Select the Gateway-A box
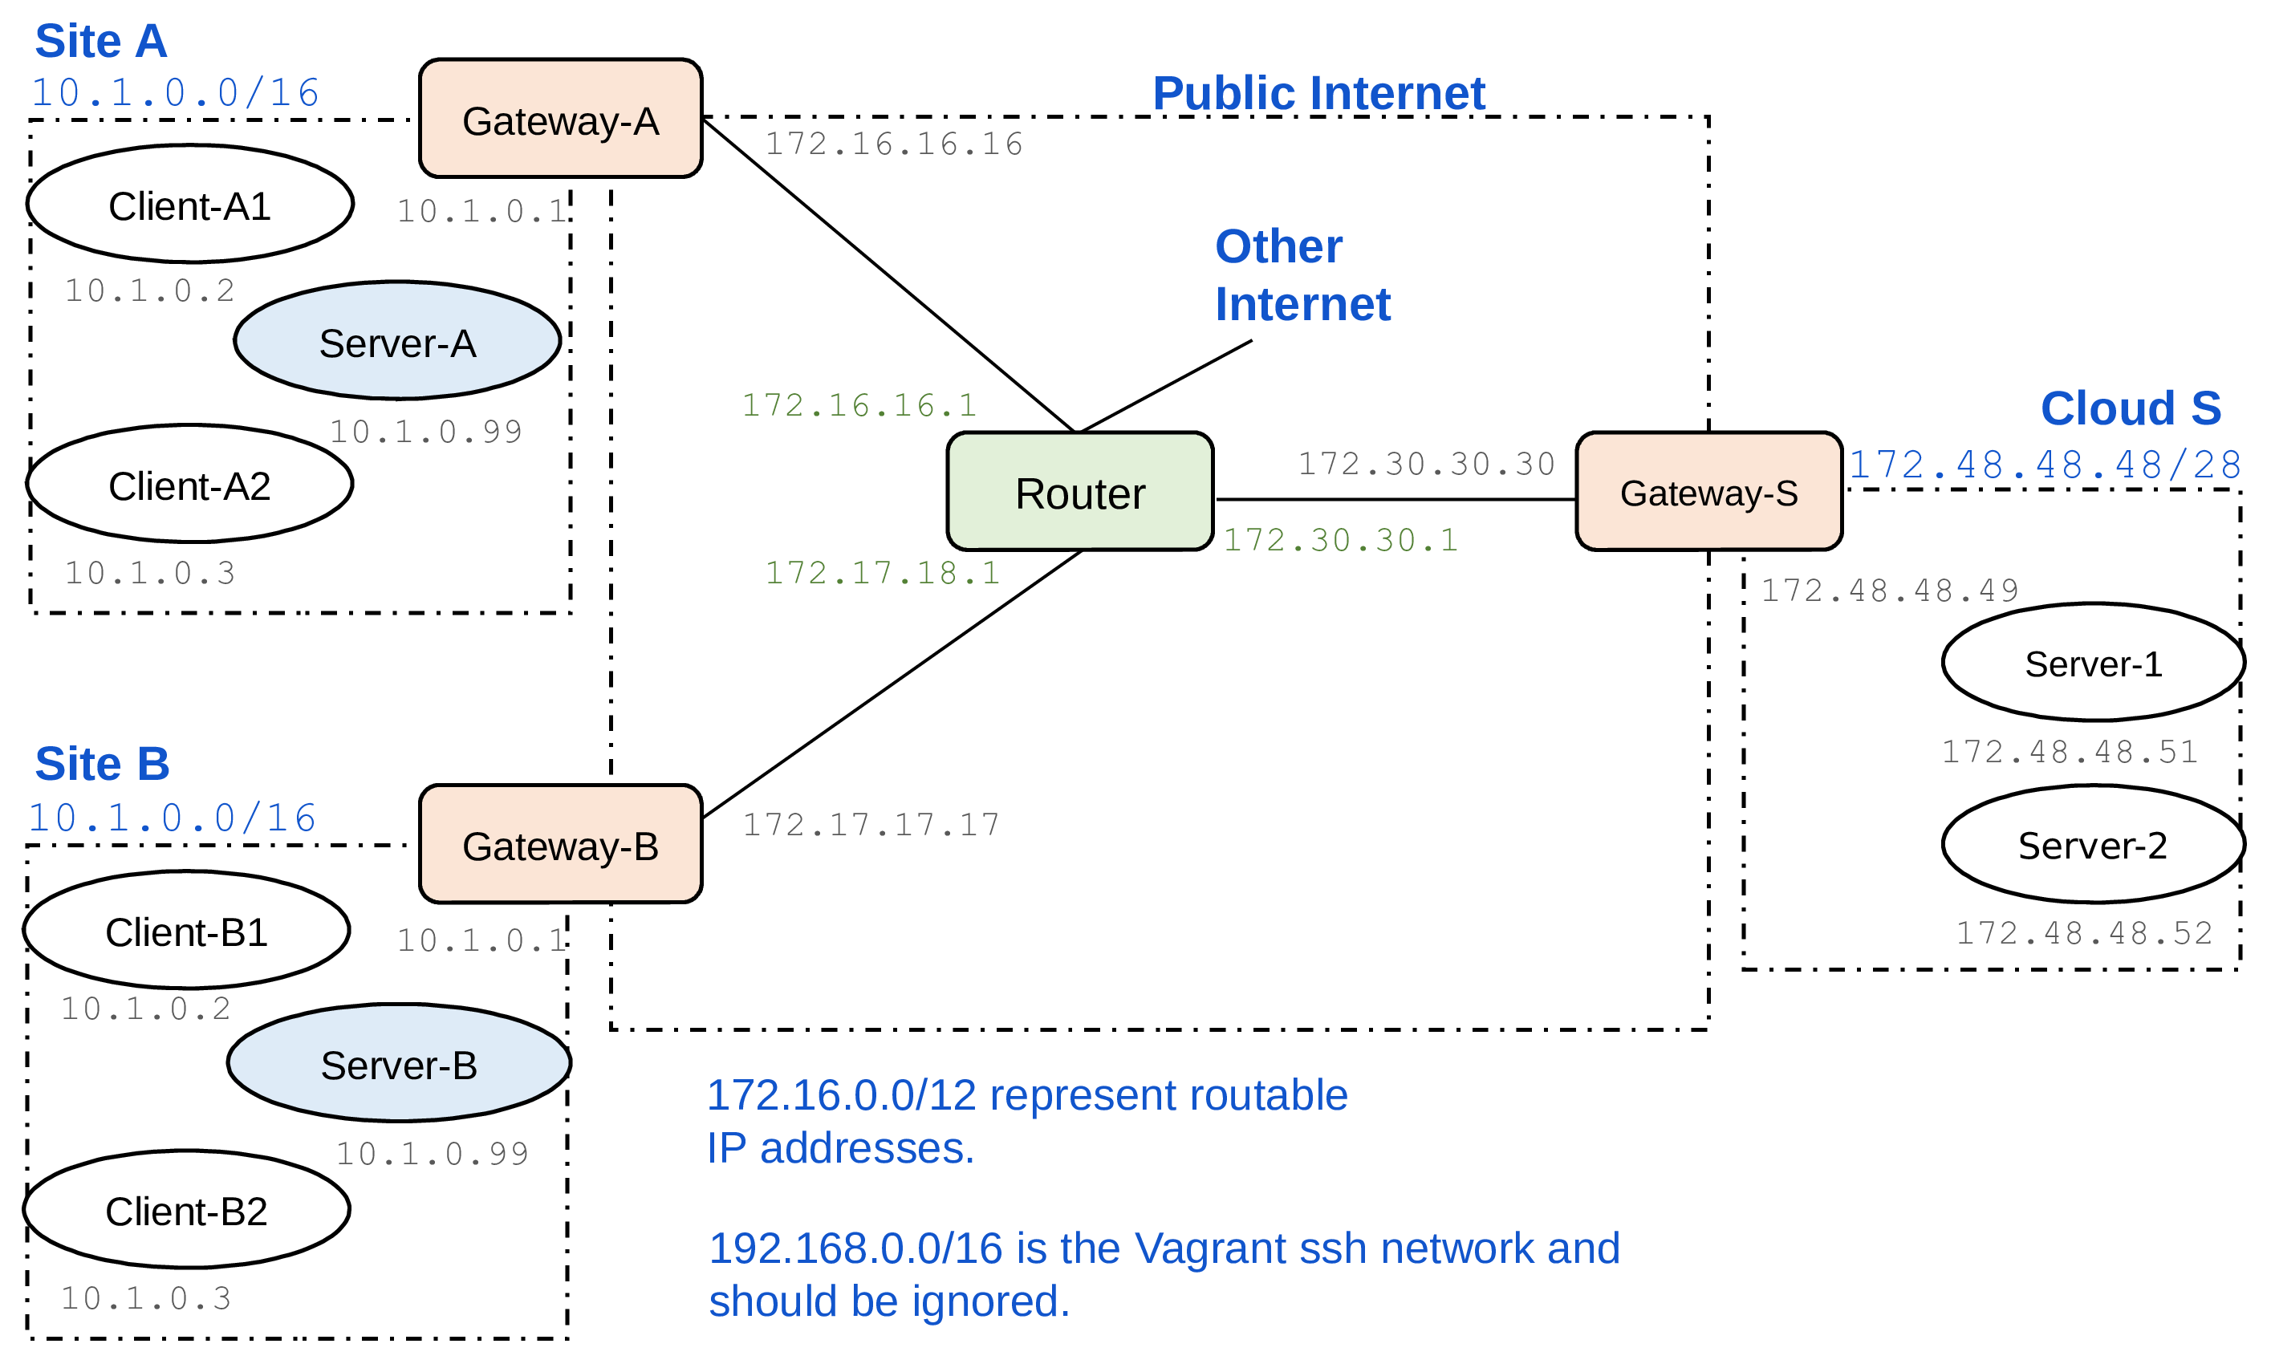(561, 120)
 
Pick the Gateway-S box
(1708, 492)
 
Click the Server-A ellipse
(397, 341)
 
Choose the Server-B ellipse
(399, 1063)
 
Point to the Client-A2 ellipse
(189, 485)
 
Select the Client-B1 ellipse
(186, 930)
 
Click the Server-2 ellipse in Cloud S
(2093, 844)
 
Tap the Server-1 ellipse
(2093, 663)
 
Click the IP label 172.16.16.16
(893, 144)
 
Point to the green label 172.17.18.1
(882, 574)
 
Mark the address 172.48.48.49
(1889, 590)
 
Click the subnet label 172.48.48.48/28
(2044, 465)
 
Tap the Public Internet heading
(1318, 93)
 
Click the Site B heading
(102, 764)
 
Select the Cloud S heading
(2130, 408)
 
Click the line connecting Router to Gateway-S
(1396, 499)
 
